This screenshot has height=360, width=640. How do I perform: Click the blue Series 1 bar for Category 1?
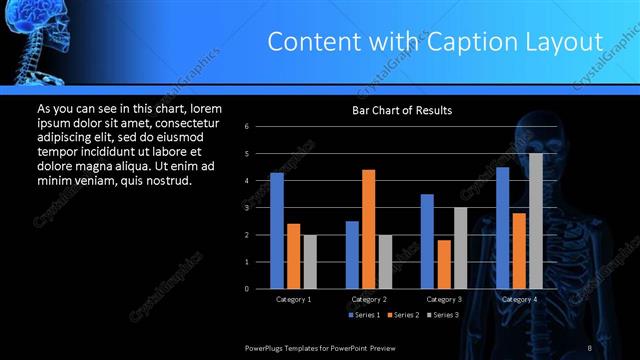click(x=277, y=231)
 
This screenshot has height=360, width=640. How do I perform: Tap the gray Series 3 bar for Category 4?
click(x=536, y=221)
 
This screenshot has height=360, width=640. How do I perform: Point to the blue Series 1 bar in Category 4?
click(x=503, y=228)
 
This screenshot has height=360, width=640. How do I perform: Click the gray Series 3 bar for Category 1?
click(x=310, y=262)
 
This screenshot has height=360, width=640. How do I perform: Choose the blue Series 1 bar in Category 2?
click(x=352, y=255)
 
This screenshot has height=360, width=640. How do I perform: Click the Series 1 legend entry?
click(x=363, y=315)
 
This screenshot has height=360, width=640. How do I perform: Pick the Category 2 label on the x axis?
click(x=369, y=299)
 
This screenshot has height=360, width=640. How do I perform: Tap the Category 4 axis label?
click(x=519, y=299)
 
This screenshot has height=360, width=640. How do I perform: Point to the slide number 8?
click(x=590, y=347)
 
